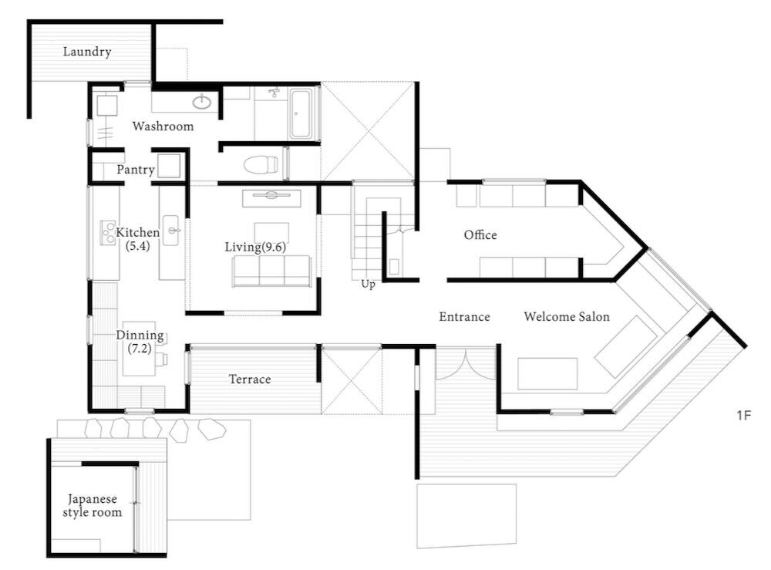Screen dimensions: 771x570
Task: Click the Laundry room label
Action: (87, 52)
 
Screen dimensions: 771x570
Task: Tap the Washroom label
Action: (163, 126)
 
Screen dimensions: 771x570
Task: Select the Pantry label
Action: (136, 170)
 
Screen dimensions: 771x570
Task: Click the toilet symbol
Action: (260, 164)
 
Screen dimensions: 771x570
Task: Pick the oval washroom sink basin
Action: (201, 102)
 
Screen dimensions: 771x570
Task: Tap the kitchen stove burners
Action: (108, 232)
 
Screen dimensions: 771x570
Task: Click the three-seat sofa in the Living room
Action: (272, 271)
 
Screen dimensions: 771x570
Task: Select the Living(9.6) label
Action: (255, 247)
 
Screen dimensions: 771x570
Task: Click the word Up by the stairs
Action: (369, 285)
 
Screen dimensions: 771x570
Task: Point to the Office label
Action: (480, 235)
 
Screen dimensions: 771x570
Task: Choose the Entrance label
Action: (465, 317)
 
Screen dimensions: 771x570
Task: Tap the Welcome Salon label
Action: (567, 317)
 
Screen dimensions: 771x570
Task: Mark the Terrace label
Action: (250, 379)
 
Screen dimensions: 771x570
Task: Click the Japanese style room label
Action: (93, 505)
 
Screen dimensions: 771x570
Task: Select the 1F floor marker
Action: (744, 416)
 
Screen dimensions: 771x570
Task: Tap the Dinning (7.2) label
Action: (140, 342)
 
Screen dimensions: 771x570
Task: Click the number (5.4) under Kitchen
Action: (138, 246)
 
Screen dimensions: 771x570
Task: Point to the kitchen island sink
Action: (170, 230)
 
